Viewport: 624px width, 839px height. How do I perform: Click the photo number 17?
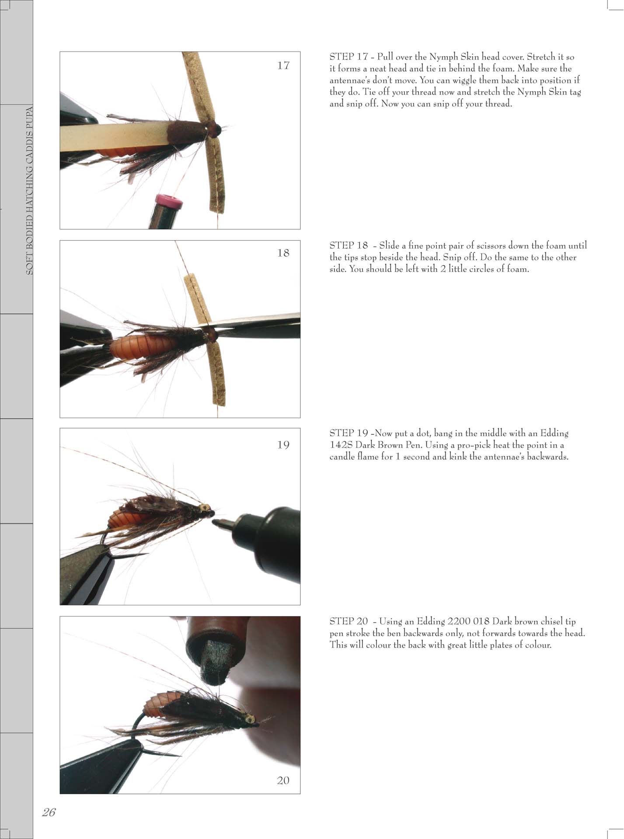click(x=283, y=66)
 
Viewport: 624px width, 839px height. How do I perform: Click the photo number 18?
click(x=283, y=253)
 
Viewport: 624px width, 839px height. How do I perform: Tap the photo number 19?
click(x=283, y=445)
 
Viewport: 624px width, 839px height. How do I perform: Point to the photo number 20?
click(x=283, y=780)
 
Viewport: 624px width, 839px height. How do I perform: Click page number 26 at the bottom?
click(x=49, y=812)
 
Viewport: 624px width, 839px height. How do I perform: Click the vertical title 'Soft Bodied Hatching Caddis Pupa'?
click(x=29, y=190)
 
